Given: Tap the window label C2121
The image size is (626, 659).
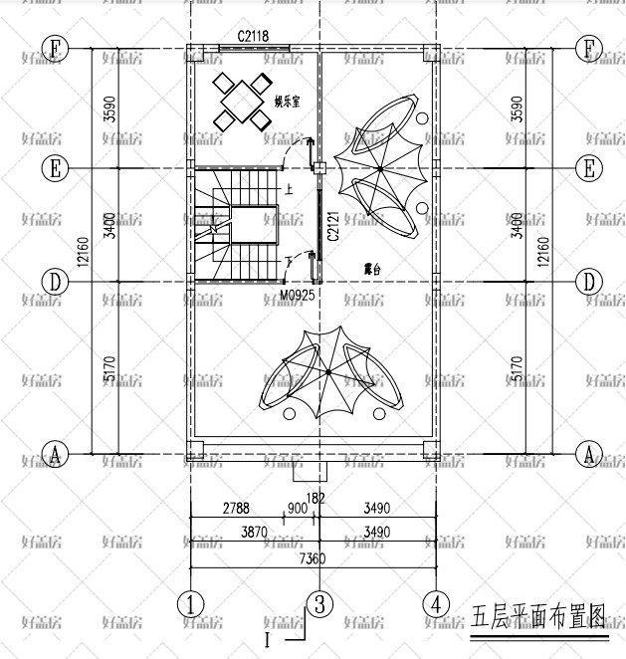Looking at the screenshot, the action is (332, 227).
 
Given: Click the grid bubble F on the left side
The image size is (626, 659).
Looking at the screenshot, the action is (56, 48).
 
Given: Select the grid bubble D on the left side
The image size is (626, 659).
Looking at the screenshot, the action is (56, 282).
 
